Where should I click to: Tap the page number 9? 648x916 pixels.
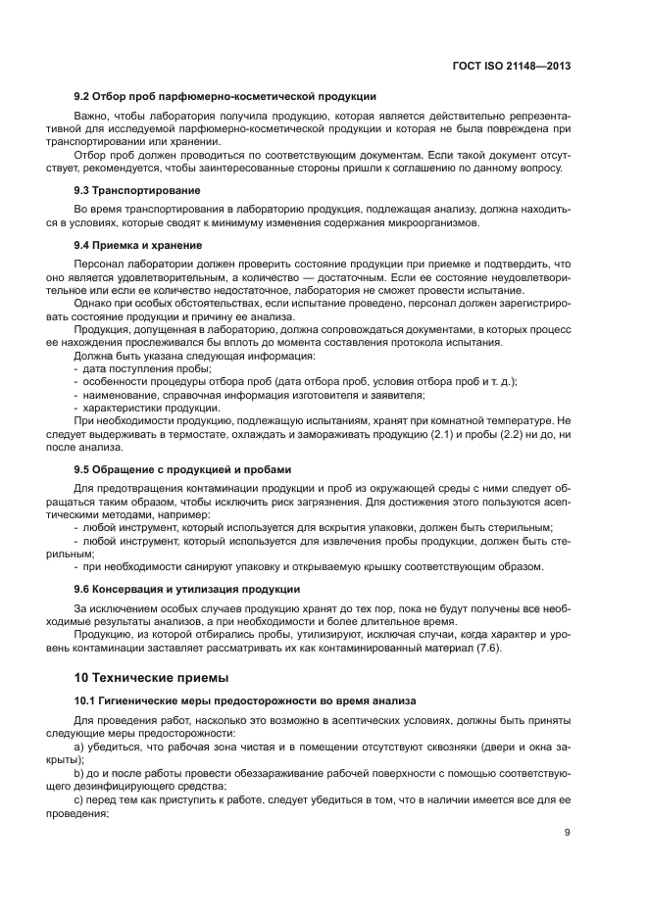[568, 833]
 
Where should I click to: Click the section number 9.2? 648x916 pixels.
[83, 96]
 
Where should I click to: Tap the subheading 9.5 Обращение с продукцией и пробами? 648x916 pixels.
[182, 470]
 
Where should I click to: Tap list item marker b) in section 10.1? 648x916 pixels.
[79, 773]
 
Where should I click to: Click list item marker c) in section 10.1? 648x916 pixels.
[79, 799]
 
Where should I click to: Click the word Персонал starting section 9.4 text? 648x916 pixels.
[99, 264]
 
